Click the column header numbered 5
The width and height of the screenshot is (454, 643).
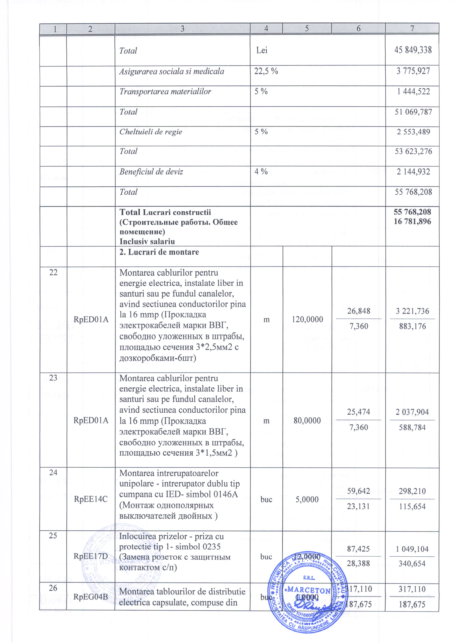[307, 29]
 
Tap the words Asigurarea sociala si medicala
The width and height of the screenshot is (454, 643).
[172, 71]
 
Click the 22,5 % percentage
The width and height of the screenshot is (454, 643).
[266, 71]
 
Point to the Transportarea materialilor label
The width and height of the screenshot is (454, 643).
[165, 92]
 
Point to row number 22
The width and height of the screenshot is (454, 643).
[53, 273]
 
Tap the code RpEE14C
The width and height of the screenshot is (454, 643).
[91, 499]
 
